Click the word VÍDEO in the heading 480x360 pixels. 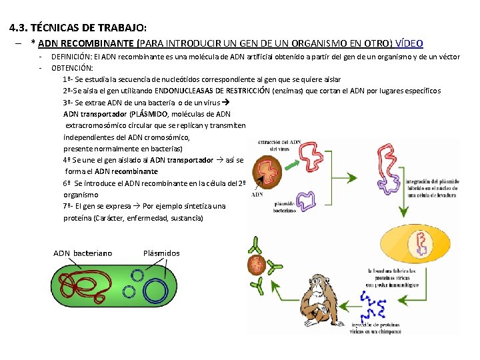pyautogui.click(x=409, y=43)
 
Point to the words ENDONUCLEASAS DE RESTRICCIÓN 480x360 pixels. pyautogui.click(x=212, y=91)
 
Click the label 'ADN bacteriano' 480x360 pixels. pyautogui.click(x=83, y=253)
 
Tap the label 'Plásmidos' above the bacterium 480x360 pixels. pyautogui.click(x=161, y=253)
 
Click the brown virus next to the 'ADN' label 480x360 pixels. pyautogui.click(x=270, y=173)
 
